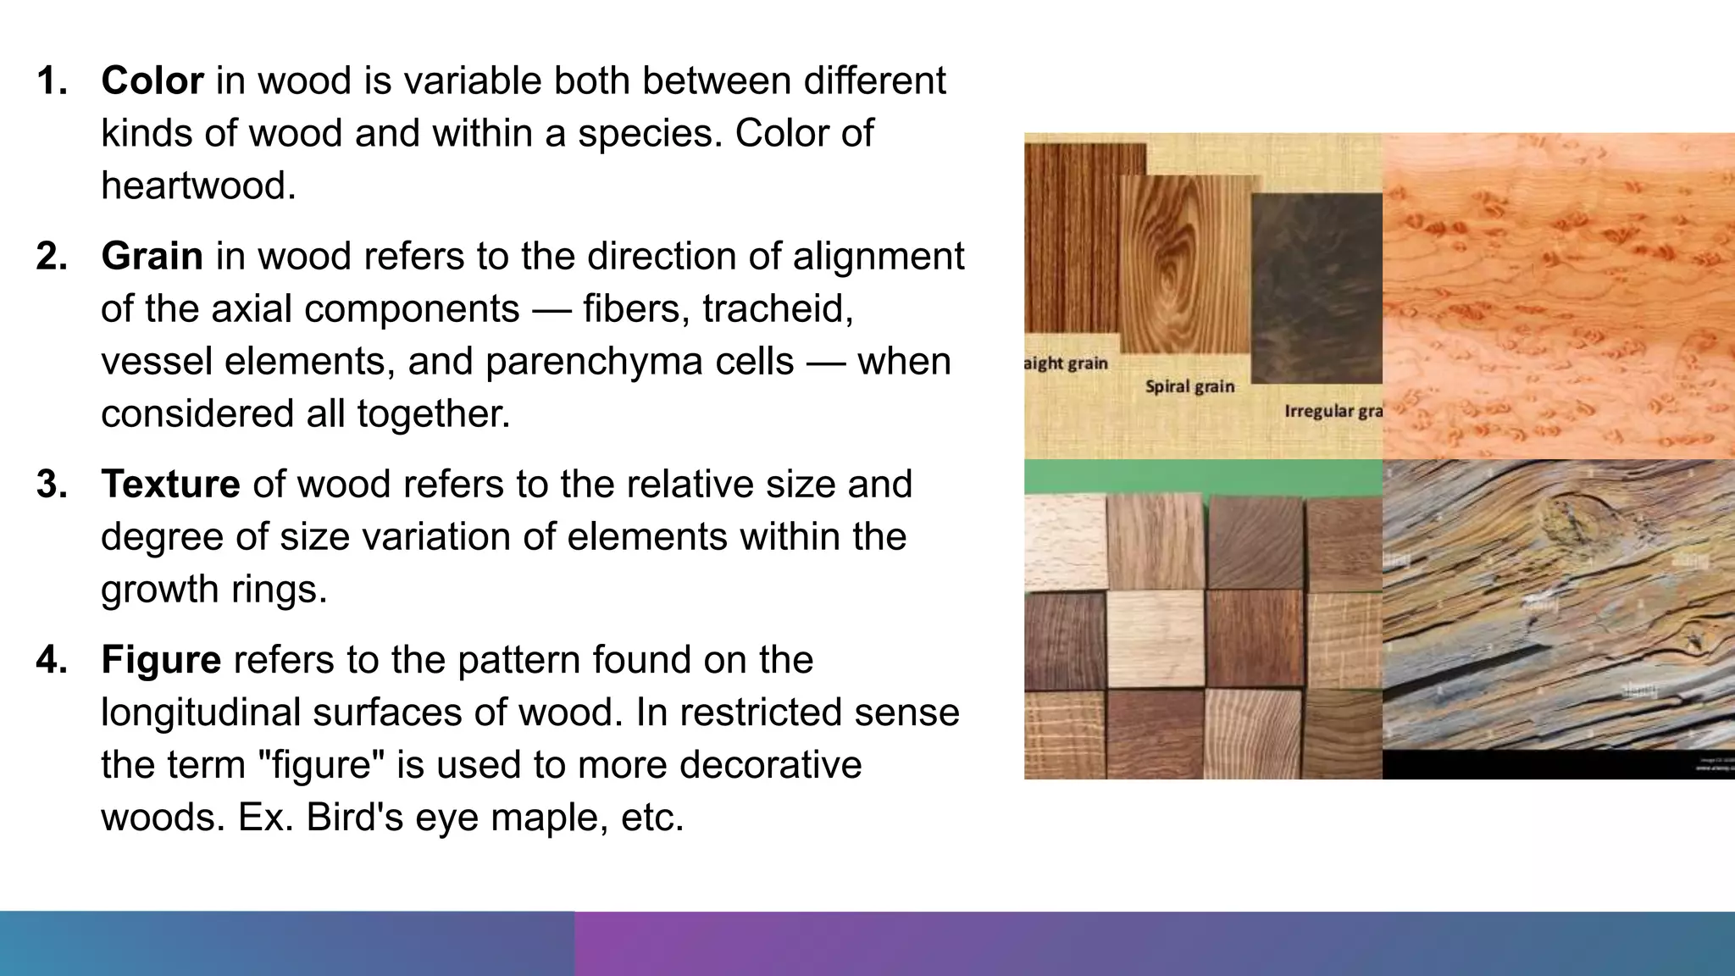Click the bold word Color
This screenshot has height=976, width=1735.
click(x=152, y=81)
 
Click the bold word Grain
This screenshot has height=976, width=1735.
click(x=152, y=257)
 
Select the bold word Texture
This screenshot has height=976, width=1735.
click(x=170, y=485)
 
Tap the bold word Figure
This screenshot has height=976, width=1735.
click(x=161, y=660)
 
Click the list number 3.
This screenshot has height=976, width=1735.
click(x=52, y=485)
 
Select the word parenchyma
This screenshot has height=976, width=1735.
click(x=639, y=362)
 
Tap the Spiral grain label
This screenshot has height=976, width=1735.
click(x=1189, y=387)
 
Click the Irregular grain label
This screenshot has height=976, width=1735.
click(x=1333, y=412)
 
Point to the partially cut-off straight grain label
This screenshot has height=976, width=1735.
click(x=1066, y=363)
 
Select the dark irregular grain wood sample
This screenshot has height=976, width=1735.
click(x=1316, y=288)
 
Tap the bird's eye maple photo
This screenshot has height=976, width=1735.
click(x=1559, y=297)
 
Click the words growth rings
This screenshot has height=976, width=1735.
click(x=213, y=590)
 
